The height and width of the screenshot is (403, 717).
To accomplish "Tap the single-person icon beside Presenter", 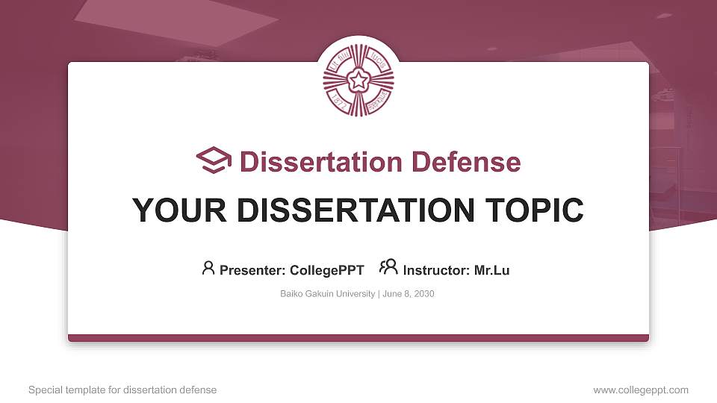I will coord(208,268).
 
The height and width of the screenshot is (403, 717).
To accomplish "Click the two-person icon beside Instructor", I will coord(388,268).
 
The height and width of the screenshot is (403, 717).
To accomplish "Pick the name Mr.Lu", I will coord(491,270).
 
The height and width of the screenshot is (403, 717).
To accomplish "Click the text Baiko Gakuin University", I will coord(328,294).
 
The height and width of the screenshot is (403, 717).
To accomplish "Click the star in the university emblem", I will coord(358,80).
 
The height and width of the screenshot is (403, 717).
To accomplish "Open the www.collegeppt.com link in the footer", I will coord(641,390).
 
